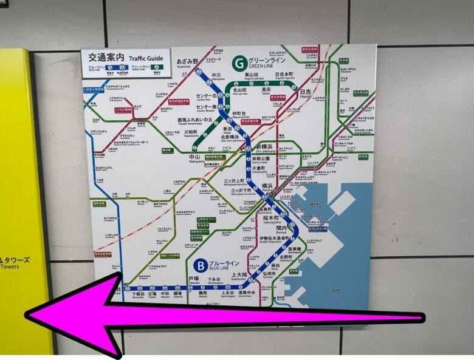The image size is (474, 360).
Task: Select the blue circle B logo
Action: (x=199, y=265)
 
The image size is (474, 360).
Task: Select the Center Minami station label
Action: (x=207, y=107)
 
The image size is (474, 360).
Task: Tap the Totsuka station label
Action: (x=194, y=279)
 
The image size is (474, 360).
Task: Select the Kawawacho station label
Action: (x=191, y=132)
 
